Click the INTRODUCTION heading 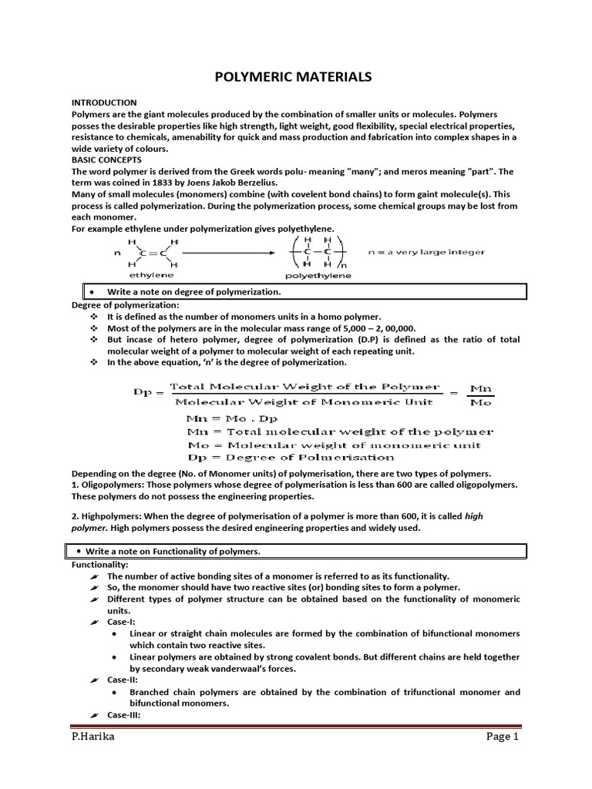pyautogui.click(x=104, y=102)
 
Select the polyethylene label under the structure pyautogui.click(x=318, y=275)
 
